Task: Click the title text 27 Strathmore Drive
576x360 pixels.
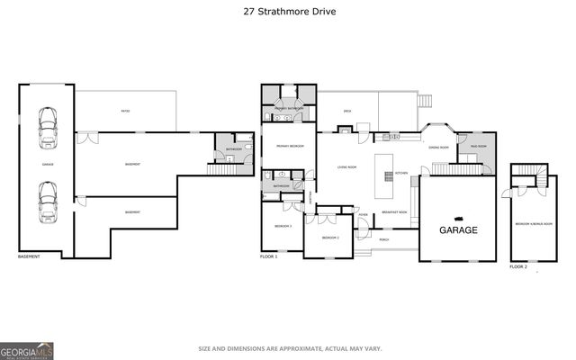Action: coord(287,12)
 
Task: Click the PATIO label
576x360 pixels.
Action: coord(127,112)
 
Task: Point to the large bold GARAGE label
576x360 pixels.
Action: coord(457,230)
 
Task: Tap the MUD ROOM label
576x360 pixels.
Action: coord(477,147)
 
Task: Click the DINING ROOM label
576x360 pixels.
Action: coord(438,147)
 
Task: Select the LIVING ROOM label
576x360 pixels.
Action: coord(346,167)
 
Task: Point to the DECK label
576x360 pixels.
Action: coord(346,112)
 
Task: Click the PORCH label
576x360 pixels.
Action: coord(384,240)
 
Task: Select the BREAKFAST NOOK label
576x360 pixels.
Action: coord(394,211)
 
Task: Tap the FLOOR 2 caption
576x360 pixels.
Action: coord(518,266)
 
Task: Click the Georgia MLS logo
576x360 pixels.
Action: coord(26,349)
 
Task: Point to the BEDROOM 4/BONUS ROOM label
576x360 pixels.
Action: coord(531,223)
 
